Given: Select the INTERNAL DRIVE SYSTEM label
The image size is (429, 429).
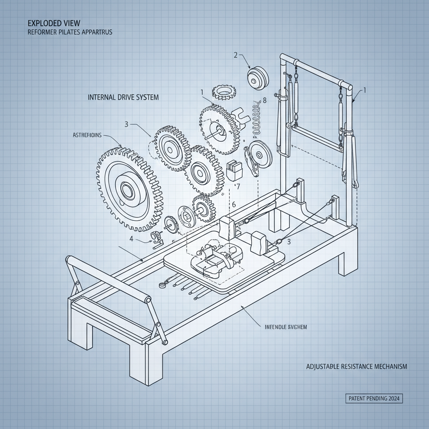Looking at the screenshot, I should tap(124, 97).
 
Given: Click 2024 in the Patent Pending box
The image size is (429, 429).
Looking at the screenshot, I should tap(392, 399).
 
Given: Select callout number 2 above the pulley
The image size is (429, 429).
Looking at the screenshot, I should tap(235, 55).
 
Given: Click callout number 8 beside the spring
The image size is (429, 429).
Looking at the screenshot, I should tap(264, 101).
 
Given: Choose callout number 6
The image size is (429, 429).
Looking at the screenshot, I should tap(234, 204).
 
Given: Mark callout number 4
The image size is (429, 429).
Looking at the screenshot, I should tap(132, 239).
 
